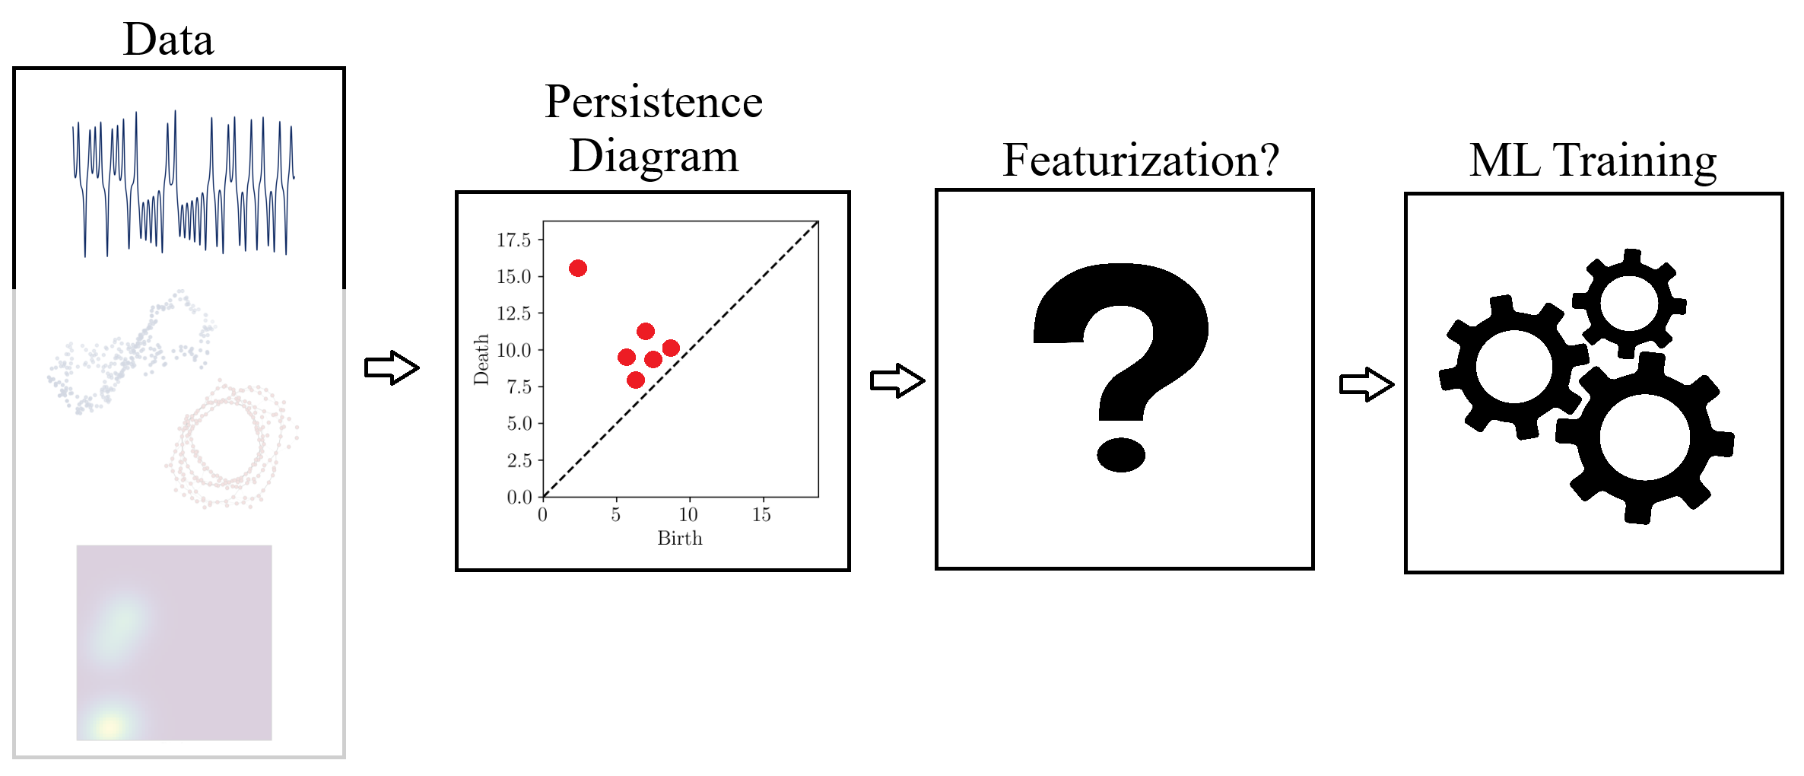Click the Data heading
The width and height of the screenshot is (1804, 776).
click(169, 40)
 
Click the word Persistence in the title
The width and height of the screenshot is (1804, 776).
click(654, 102)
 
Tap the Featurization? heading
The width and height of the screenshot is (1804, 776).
click(1141, 161)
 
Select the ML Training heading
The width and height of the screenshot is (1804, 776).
click(1593, 161)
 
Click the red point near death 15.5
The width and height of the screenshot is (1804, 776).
click(578, 268)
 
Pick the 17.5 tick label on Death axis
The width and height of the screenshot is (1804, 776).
click(514, 240)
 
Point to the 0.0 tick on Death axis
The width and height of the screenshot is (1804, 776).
click(519, 497)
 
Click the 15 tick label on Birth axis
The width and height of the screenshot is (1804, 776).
click(761, 515)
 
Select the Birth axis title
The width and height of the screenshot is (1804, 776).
click(680, 539)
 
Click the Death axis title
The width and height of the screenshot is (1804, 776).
click(481, 359)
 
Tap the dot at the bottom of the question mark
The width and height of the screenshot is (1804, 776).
click(1121, 455)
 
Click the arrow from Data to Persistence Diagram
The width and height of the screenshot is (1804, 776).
click(392, 368)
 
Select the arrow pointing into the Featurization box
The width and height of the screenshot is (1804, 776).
click(897, 380)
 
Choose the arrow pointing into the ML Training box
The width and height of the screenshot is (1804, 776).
click(1367, 385)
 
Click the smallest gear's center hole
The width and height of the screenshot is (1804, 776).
click(1629, 303)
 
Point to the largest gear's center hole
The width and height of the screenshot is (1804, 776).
click(1644, 437)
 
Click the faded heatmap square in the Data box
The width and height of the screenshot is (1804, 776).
click(174, 643)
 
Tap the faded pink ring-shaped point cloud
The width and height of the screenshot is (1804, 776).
click(231, 444)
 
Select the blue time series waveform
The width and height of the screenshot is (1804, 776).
click(183, 183)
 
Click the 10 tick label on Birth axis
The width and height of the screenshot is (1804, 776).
click(688, 515)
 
